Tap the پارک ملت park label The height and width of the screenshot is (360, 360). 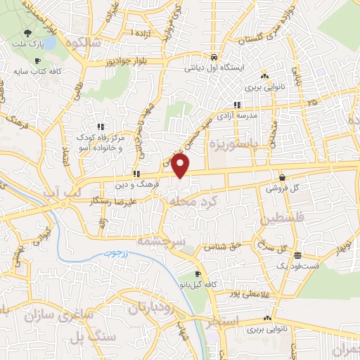(x=27, y=45)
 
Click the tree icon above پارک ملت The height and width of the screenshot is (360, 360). (x=27, y=33)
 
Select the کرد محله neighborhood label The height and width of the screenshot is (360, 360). (x=189, y=200)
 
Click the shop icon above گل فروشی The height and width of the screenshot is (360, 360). (x=281, y=178)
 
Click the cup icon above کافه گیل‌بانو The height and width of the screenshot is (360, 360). (x=198, y=274)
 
